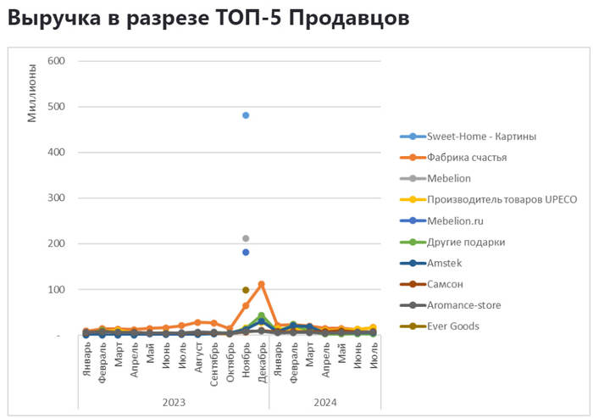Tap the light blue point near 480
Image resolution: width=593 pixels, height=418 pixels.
[246, 115]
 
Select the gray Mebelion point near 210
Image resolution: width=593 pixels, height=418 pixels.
[246, 238]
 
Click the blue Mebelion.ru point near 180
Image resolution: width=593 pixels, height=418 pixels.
[246, 252]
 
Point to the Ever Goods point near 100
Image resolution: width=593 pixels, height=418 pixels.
[246, 290]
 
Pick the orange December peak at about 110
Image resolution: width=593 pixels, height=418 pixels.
[262, 284]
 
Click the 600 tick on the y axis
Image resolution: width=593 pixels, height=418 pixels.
[56, 61]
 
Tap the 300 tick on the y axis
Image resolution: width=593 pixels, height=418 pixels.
[56, 198]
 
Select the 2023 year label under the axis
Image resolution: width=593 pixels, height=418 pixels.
[173, 402]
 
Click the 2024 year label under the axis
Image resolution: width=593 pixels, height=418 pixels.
[325, 402]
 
